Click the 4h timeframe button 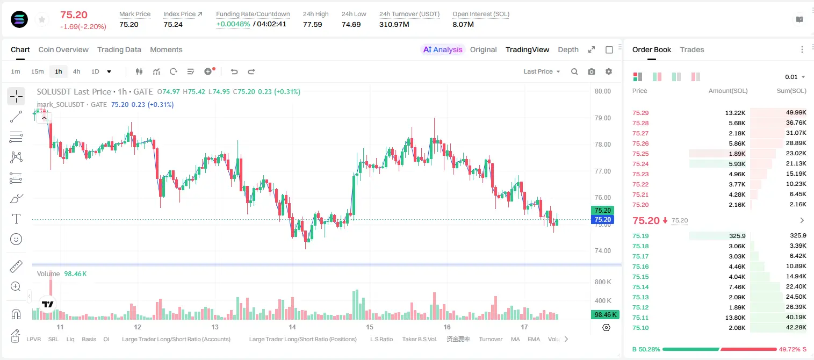[76, 71]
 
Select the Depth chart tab [568, 49]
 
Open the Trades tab [692, 49]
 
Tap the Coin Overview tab [63, 49]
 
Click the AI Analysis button [443, 49]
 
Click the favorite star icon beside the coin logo [42, 19]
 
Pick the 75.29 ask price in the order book [640, 113]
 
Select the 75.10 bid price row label [640, 328]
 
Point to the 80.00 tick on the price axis [602, 91]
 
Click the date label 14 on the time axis [292, 327]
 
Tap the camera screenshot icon [592, 71]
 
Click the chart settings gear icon [609, 71]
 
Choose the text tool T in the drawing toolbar [16, 219]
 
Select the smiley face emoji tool [16, 239]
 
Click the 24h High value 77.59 [313, 24]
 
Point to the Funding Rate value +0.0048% [233, 24]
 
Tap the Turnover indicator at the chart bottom [491, 339]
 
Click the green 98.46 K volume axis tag [605, 314]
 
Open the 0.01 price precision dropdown [795, 77]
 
